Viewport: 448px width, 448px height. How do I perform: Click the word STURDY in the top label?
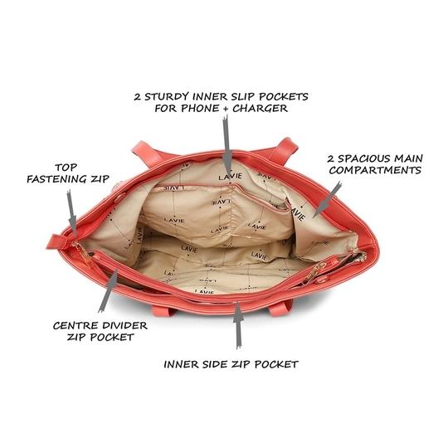pyautogui.click(x=167, y=96)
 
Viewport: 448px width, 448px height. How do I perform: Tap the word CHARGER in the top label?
pyautogui.click(x=260, y=109)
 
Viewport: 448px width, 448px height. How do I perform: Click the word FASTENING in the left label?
pyautogui.click(x=57, y=179)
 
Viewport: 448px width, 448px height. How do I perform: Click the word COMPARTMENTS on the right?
pyautogui.click(x=375, y=170)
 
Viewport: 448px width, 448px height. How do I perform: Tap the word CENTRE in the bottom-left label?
pyautogui.click(x=75, y=325)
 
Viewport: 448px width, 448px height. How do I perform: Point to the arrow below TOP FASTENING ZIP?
pyautogui.click(x=71, y=214)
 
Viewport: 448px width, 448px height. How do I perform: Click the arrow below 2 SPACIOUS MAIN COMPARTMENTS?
pyautogui.click(x=327, y=199)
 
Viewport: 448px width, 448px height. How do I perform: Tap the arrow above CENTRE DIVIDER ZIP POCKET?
pyautogui.click(x=108, y=290)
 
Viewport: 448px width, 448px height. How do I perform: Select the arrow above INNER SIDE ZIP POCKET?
pyautogui.click(x=238, y=326)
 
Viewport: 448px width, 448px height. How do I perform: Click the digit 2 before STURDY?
pyautogui.click(x=138, y=97)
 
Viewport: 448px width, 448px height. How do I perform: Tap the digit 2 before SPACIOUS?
pyautogui.click(x=331, y=158)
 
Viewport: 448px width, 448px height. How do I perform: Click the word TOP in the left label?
pyautogui.click(x=66, y=168)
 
